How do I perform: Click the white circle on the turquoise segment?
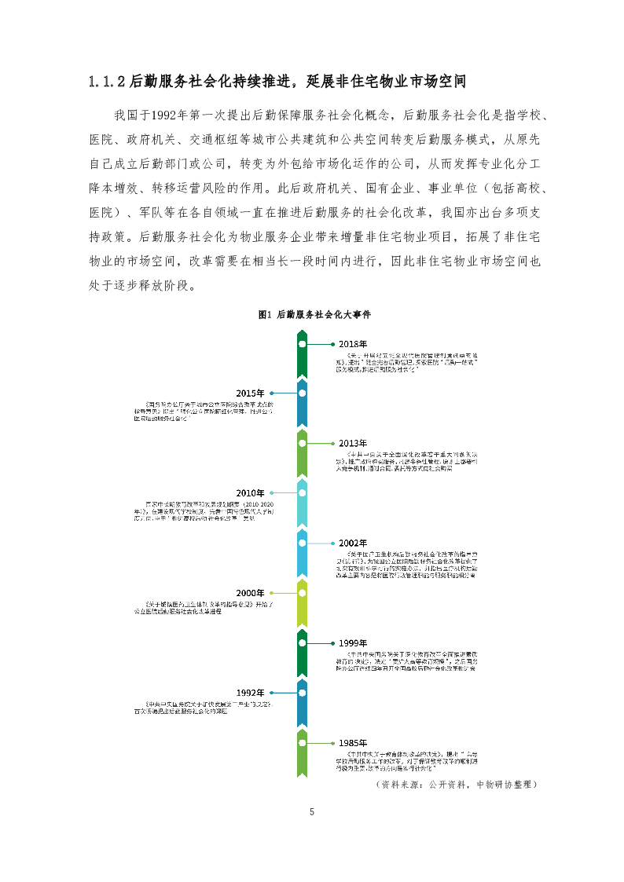click(x=302, y=492)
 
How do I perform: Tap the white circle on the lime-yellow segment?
click(x=302, y=593)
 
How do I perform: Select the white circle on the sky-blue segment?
click(x=302, y=543)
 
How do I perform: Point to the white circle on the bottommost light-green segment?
click(x=302, y=743)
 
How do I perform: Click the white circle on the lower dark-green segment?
click(x=302, y=643)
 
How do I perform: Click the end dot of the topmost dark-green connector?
click(x=332, y=344)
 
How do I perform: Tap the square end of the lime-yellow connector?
click(x=271, y=593)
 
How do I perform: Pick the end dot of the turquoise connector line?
click(x=271, y=492)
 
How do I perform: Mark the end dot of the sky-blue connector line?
click(x=332, y=543)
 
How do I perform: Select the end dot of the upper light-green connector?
click(x=332, y=444)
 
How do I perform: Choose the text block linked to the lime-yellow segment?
click(x=204, y=606)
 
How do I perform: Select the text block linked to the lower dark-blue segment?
click(x=204, y=707)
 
